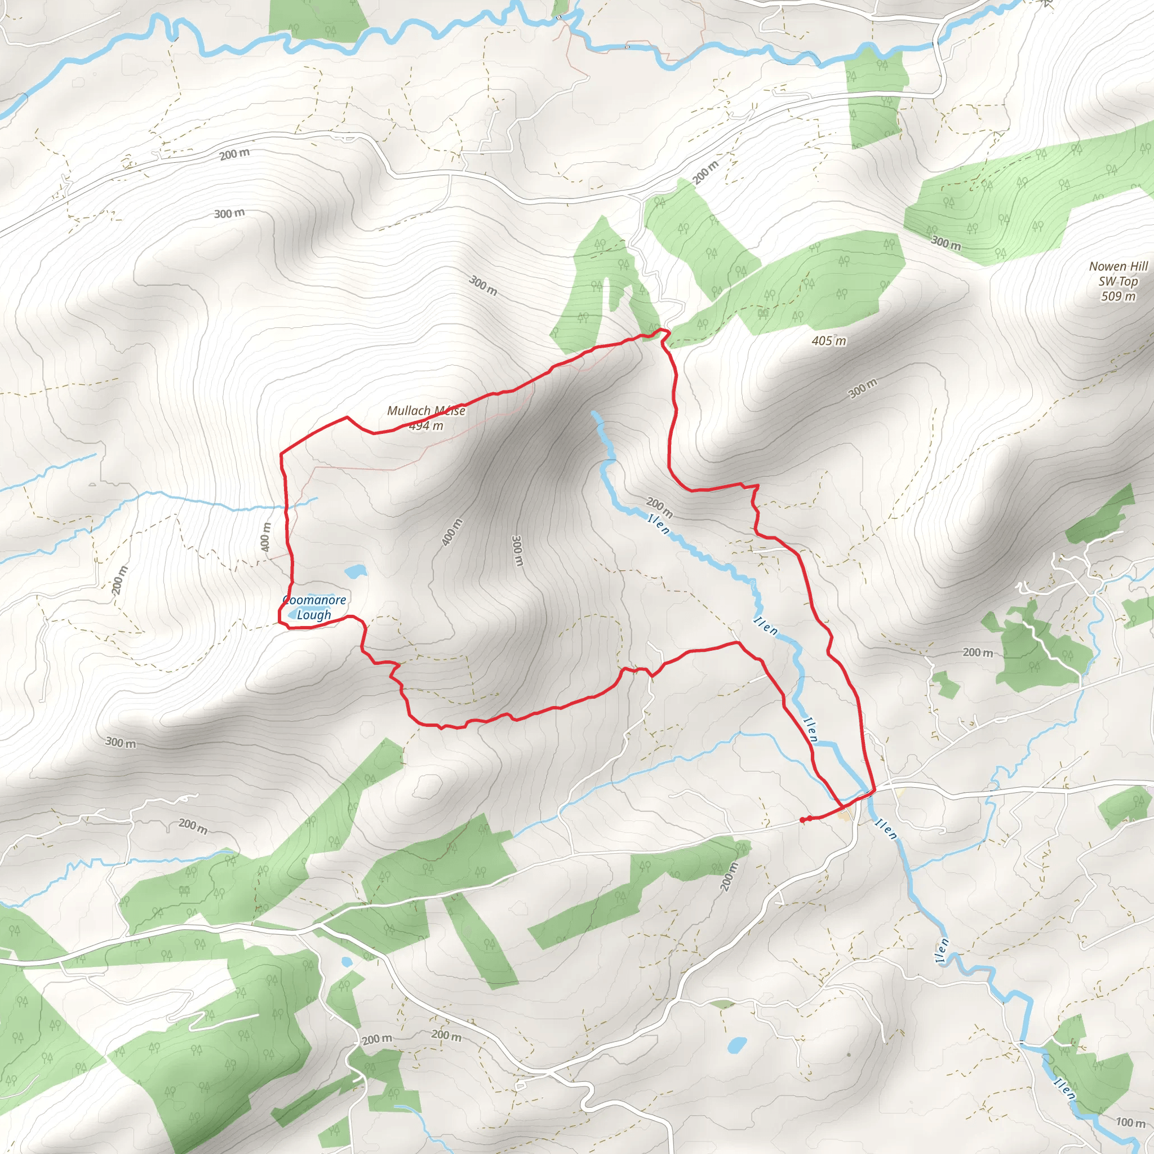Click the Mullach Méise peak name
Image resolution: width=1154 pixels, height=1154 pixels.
point(426,411)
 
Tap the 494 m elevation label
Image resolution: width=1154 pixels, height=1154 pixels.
point(426,426)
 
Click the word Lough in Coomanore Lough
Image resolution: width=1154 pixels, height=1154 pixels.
point(314,615)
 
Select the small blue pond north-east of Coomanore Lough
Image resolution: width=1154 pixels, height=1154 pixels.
point(356,571)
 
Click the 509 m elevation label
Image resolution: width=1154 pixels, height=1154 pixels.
point(1118,296)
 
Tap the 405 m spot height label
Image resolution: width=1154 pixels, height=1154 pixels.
point(829,341)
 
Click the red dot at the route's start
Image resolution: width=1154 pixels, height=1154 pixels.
point(802,820)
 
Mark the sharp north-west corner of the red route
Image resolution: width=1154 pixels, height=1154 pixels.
point(281,454)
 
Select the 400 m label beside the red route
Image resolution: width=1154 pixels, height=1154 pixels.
point(266,536)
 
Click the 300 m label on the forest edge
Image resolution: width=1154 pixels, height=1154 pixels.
point(946,242)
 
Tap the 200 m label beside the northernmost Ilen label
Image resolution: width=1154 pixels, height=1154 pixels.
point(659,507)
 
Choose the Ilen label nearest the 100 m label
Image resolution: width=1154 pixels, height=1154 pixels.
point(1064,1088)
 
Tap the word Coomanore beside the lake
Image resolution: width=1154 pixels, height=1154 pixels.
point(315,600)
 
